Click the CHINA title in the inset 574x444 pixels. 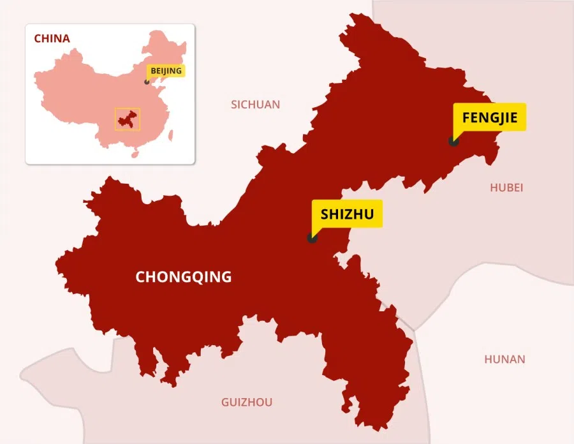click(52, 38)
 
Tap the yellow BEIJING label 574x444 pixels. click(166, 70)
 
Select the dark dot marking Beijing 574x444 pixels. click(147, 82)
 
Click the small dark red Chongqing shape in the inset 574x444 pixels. click(127, 119)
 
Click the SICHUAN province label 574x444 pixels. click(255, 105)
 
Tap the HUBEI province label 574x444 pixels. click(506, 188)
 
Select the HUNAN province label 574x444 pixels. click(504, 359)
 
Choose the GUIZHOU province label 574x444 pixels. click(247, 402)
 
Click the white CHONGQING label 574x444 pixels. click(184, 277)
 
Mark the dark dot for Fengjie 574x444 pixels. click(453, 141)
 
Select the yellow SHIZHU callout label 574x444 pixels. click(347, 213)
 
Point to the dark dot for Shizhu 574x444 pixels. click(312, 238)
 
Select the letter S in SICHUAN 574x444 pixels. click(234, 105)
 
